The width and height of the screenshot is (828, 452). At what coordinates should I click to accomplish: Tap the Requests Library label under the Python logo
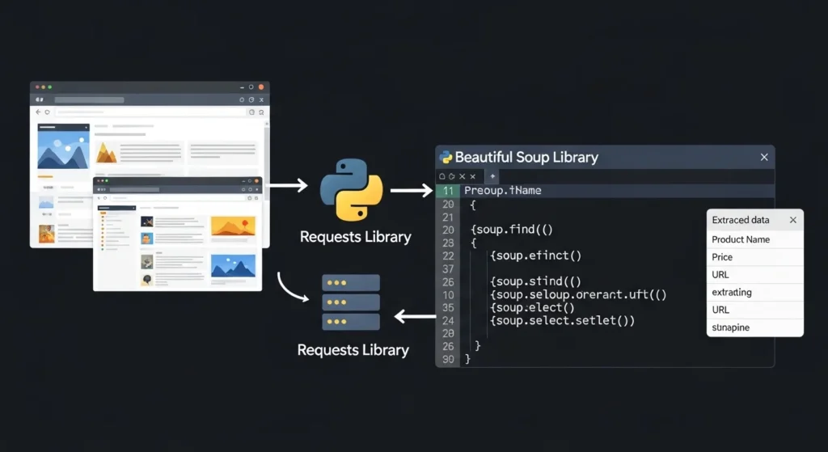click(355, 237)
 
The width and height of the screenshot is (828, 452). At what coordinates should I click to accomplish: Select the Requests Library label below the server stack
click(353, 350)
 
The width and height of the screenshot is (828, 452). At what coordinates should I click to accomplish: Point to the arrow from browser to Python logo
click(287, 186)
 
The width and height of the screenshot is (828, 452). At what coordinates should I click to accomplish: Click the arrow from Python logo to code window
click(411, 191)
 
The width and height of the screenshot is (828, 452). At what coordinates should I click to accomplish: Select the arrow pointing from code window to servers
click(415, 316)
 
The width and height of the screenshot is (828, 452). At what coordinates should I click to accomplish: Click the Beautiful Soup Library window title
click(526, 157)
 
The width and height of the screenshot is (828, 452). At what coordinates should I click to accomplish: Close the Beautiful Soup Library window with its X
click(764, 157)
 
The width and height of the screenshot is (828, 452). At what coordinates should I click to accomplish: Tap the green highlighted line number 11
click(447, 191)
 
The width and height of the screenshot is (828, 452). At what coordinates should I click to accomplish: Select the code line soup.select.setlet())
click(562, 320)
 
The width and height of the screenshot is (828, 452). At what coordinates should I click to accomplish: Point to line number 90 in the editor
click(447, 358)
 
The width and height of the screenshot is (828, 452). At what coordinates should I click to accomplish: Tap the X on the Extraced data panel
click(792, 220)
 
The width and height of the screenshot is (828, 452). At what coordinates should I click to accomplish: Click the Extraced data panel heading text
click(740, 220)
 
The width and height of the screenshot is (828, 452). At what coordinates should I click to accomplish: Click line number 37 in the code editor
click(447, 268)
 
